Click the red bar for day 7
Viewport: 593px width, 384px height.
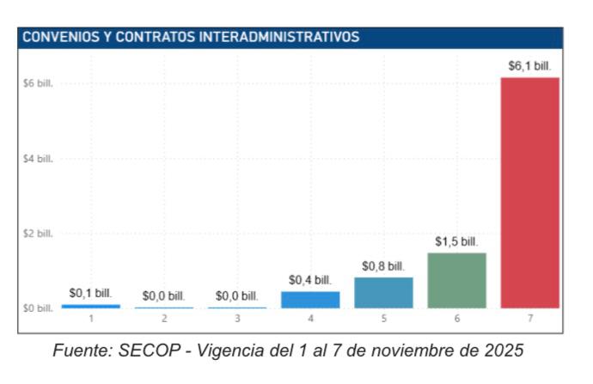[529, 192]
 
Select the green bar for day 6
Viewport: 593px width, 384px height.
[456, 280]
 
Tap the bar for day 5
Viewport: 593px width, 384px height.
[383, 292]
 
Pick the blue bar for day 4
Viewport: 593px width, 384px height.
[310, 299]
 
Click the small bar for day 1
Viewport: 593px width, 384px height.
[91, 306]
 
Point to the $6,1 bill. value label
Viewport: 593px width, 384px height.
[529, 65]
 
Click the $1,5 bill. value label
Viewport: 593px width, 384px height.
[456, 241]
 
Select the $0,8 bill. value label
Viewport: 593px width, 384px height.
[383, 266]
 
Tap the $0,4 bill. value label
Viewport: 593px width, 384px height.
[310, 280]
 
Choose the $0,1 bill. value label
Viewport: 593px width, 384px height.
[91, 293]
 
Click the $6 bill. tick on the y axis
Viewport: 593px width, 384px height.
[39, 85]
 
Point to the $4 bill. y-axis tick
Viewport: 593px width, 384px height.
[39, 159]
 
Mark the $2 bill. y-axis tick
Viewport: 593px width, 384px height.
[39, 234]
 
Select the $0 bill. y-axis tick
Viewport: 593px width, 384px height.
[39, 308]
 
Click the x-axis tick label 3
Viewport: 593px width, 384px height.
[237, 319]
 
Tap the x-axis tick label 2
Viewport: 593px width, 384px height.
[164, 319]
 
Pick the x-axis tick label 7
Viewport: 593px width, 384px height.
[529, 319]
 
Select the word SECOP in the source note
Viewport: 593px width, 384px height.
[177, 350]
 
